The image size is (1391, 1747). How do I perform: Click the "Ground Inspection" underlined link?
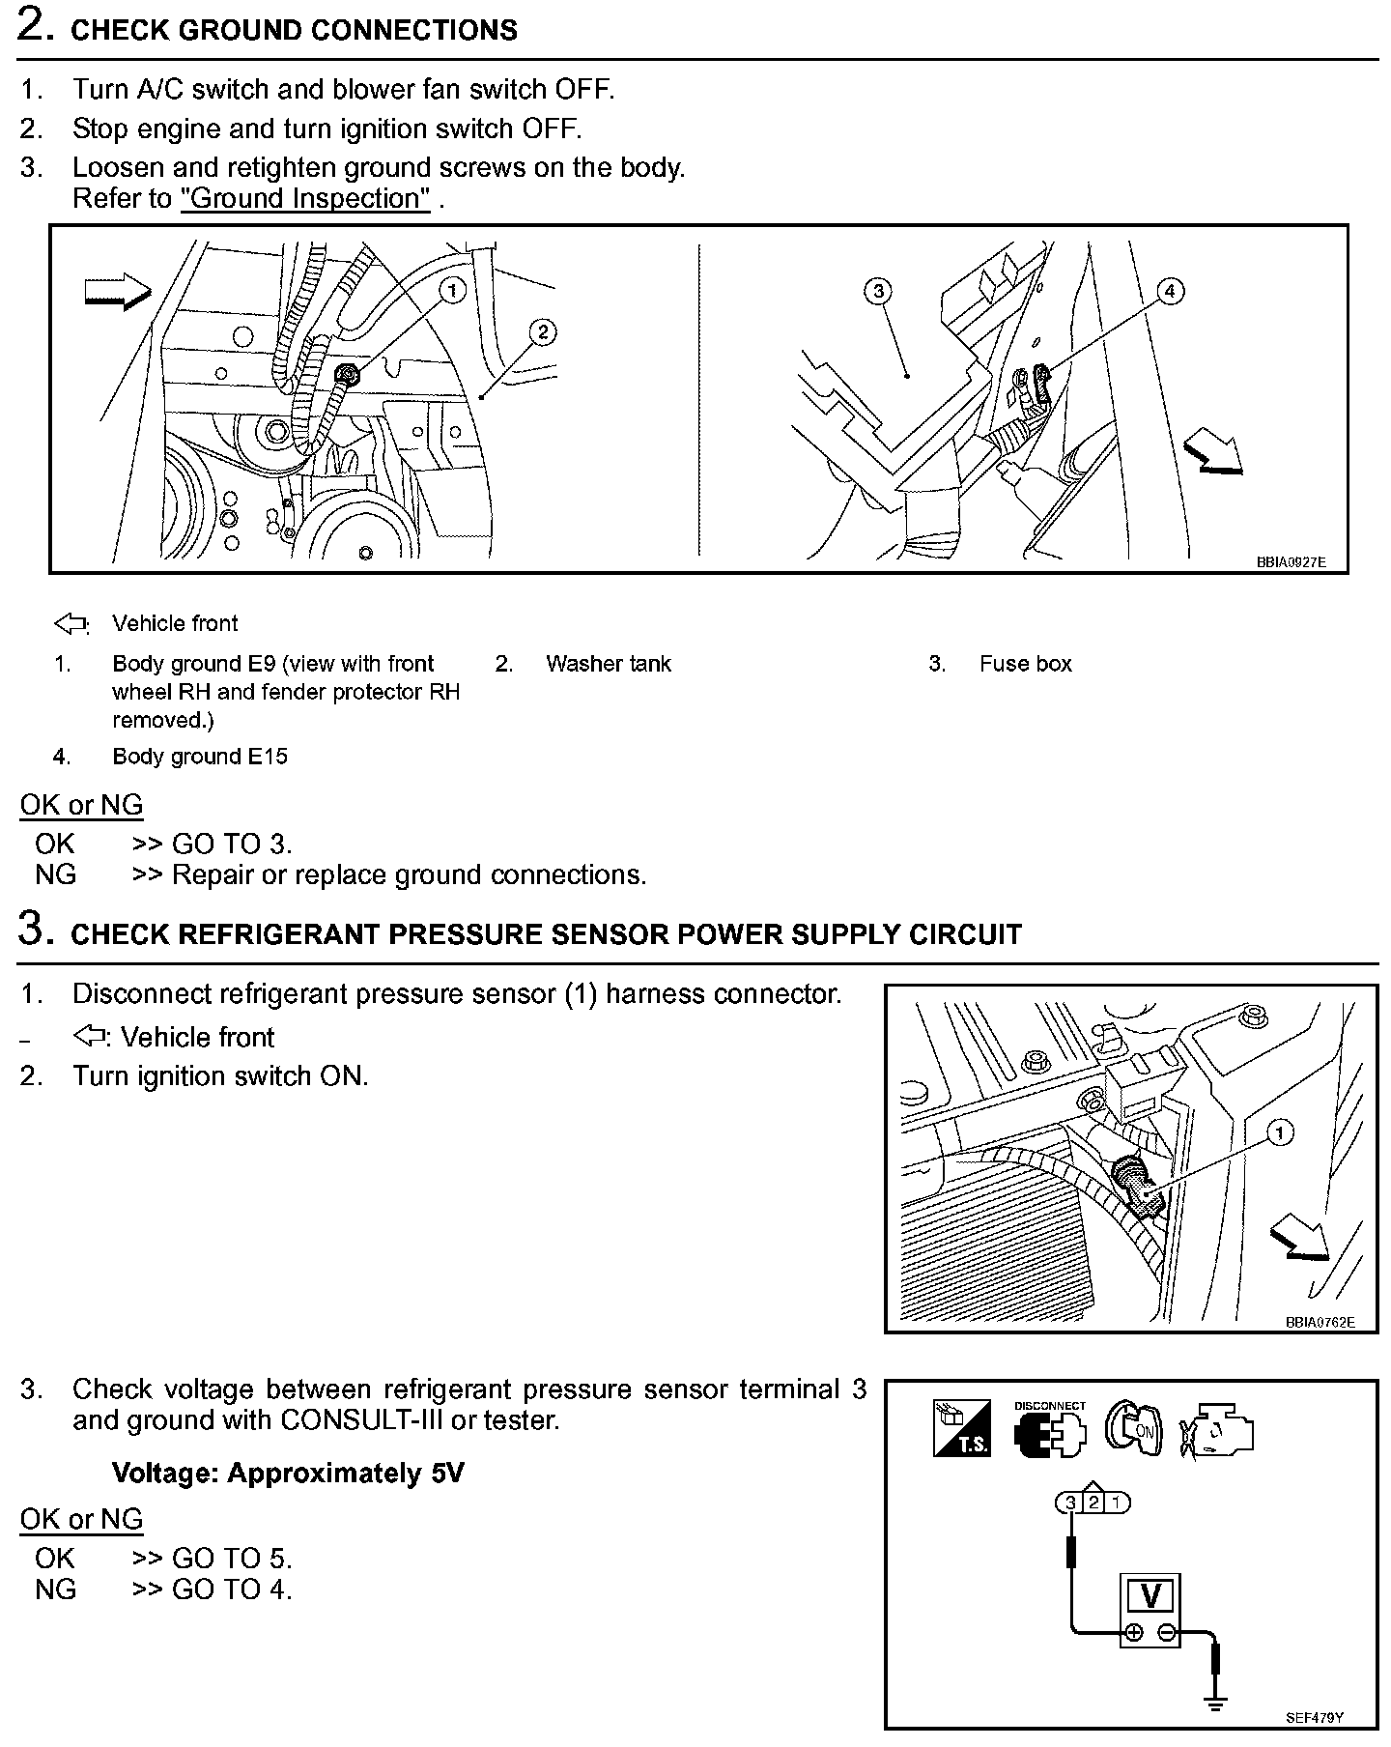click(305, 198)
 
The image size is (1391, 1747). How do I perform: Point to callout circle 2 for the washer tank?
click(543, 332)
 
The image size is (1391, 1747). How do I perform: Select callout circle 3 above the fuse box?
click(877, 290)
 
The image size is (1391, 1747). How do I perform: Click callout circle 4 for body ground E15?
click(1169, 290)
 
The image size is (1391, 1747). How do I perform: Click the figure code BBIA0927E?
click(1291, 561)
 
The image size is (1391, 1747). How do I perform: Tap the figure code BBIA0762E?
click(1320, 1322)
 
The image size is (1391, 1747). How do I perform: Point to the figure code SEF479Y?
click(1315, 1718)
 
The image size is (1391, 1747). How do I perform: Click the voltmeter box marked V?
click(1150, 1595)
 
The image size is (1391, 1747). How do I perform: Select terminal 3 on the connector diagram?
click(1070, 1503)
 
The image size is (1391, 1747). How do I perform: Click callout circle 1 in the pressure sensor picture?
click(1279, 1132)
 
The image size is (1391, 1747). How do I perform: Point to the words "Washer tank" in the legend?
click(608, 664)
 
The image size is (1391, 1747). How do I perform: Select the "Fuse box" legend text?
click(1025, 664)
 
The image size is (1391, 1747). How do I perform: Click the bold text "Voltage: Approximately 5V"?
click(288, 1474)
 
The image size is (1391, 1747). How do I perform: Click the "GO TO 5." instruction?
click(231, 1559)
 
